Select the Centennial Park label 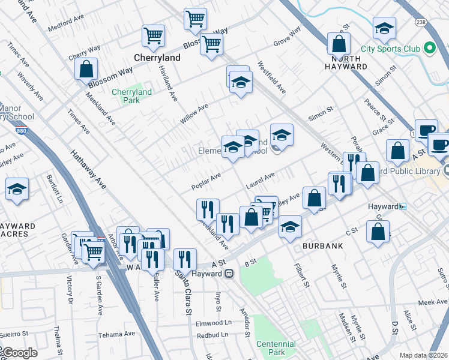point(276,348)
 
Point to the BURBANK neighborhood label point(322,246)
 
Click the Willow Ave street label point(194,113)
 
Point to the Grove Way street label point(287,38)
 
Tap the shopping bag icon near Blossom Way point(86,69)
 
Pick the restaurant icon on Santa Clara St point(185,259)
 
